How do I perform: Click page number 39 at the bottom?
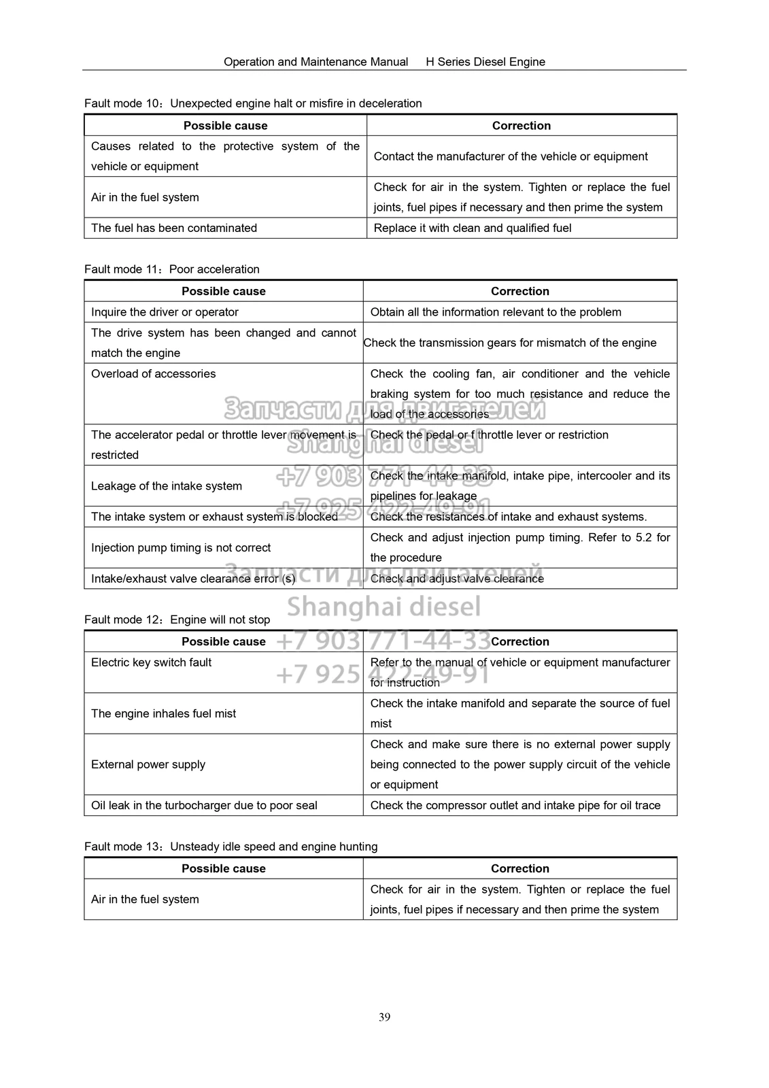click(384, 1017)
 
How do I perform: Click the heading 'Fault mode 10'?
click(253, 103)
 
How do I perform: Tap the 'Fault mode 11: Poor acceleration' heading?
click(172, 269)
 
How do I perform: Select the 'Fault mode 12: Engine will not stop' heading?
click(177, 619)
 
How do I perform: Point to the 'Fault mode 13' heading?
click(231, 847)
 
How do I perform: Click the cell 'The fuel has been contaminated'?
click(174, 228)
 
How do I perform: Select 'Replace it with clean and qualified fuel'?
click(473, 228)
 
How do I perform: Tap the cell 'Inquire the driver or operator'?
click(165, 312)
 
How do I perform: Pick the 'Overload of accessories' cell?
click(154, 374)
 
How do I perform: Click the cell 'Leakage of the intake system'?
click(167, 486)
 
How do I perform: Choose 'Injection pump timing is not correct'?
click(181, 548)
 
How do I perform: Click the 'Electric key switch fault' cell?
click(152, 662)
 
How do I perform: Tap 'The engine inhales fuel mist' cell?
click(164, 714)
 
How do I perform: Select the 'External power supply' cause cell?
click(148, 764)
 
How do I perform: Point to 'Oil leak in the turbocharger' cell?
click(204, 806)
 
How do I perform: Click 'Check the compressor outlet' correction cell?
click(515, 806)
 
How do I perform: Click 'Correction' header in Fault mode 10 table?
click(522, 126)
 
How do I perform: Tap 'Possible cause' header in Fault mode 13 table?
click(224, 869)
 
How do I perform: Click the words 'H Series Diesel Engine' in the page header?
click(485, 62)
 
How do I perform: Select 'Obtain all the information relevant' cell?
click(496, 312)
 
